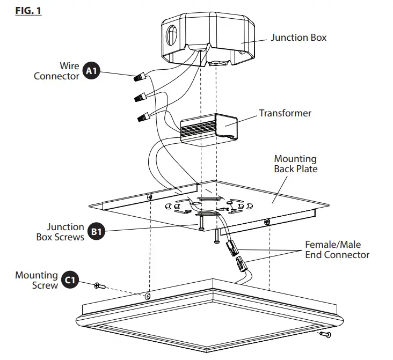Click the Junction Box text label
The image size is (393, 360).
coord(298,38)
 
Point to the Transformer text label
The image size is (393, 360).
coord(285,113)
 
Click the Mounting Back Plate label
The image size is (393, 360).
coord(295,164)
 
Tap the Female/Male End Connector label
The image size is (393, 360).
coord(337,249)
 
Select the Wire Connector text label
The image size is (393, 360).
coord(57,71)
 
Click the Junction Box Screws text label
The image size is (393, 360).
coord(59,232)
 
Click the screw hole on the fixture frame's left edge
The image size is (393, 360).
coord(148,296)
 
